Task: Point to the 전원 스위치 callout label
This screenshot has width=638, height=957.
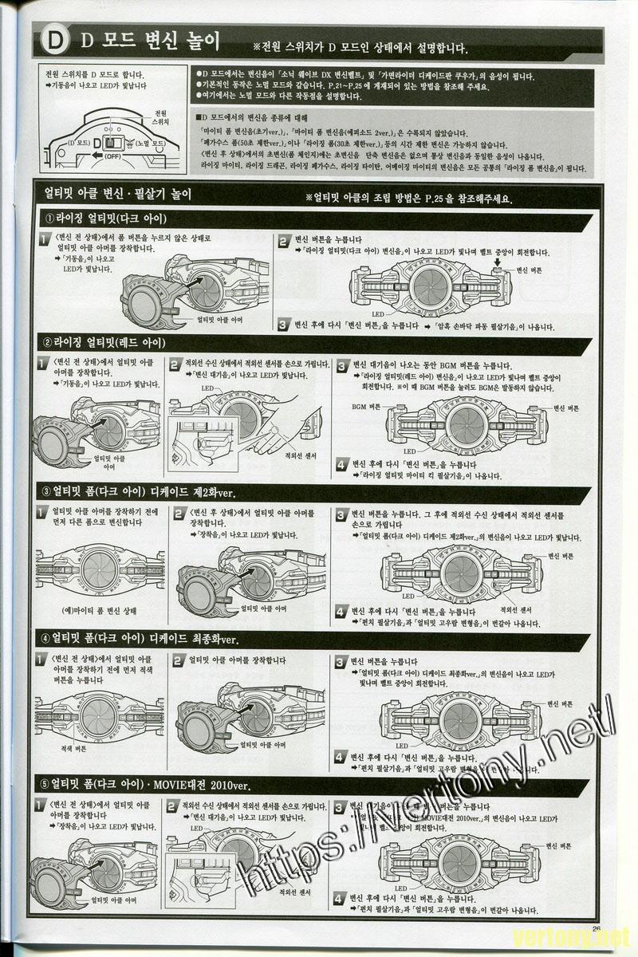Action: tap(161, 117)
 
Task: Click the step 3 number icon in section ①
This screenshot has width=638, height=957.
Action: tap(283, 325)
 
